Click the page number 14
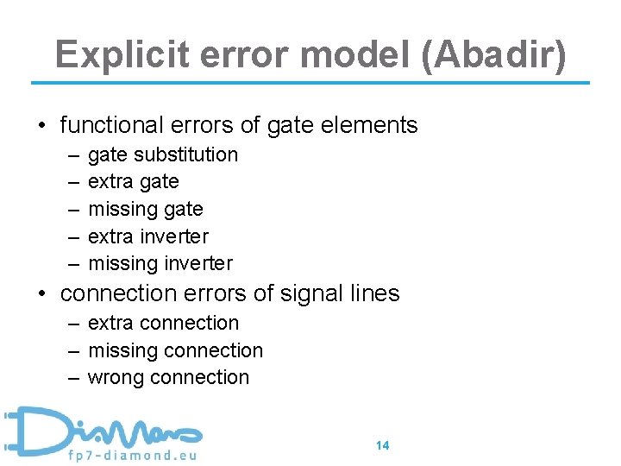click(x=383, y=445)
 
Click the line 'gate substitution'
click(x=163, y=154)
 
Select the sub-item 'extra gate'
click(x=134, y=181)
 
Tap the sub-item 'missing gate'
click(x=146, y=209)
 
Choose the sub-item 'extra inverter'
click(x=148, y=236)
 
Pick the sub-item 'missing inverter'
click(x=160, y=263)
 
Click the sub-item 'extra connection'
click(x=163, y=323)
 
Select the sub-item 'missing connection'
click(x=175, y=350)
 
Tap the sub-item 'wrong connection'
click(x=168, y=377)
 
